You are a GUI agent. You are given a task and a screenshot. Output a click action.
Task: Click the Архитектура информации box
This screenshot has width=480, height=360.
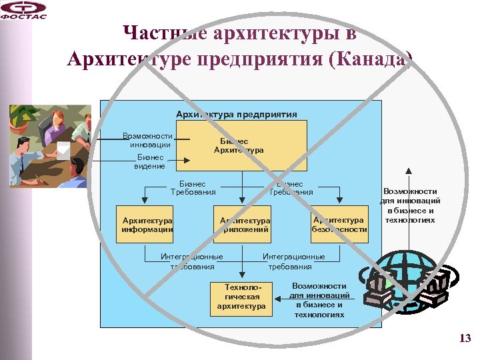click(147, 225)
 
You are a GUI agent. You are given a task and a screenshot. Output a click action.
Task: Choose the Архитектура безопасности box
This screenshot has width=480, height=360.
click(339, 225)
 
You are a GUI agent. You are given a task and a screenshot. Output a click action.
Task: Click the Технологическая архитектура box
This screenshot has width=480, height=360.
click(241, 297)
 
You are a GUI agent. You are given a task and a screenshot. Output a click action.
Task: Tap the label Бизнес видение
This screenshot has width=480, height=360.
click(149, 161)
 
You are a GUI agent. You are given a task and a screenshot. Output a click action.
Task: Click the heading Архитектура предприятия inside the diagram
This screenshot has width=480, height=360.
click(236, 114)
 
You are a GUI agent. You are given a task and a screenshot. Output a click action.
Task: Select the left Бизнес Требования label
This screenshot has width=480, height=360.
click(193, 188)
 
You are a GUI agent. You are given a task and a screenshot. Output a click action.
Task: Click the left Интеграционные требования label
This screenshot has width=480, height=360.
click(192, 261)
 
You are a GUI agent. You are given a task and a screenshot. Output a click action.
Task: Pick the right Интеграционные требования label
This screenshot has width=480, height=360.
click(293, 261)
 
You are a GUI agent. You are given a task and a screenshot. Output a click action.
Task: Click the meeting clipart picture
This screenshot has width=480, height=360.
click(50, 145)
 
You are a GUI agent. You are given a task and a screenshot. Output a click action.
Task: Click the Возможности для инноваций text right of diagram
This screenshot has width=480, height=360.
click(410, 205)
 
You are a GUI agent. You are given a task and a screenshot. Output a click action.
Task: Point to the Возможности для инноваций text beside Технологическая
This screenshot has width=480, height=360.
click(319, 300)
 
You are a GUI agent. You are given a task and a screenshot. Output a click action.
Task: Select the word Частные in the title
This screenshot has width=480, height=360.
click(163, 33)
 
